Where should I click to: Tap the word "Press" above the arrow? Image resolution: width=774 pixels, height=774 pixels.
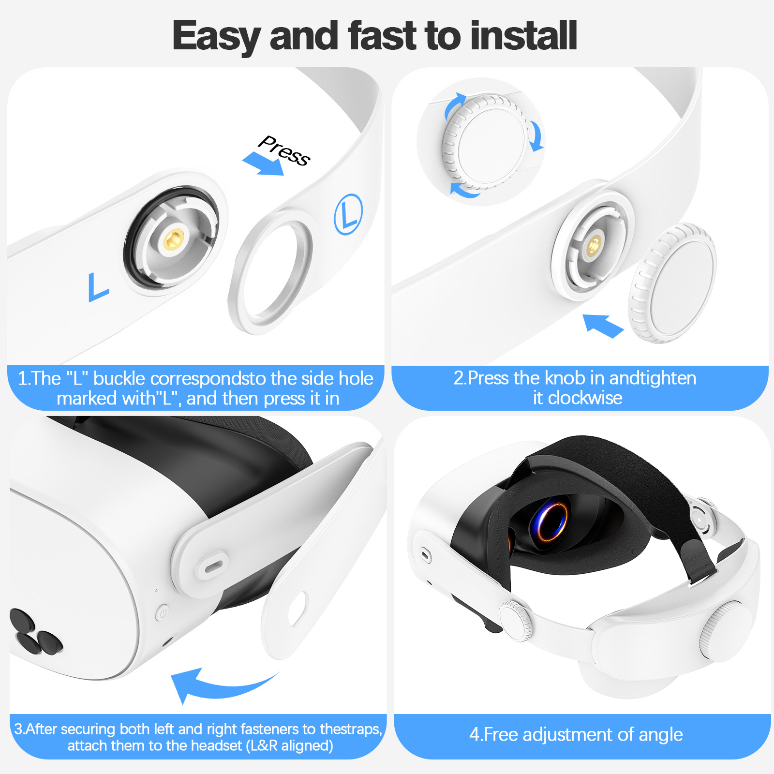point(284,150)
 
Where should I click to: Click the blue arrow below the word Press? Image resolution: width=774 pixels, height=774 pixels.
point(263,164)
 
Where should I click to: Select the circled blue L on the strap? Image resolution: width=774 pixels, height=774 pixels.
point(348,214)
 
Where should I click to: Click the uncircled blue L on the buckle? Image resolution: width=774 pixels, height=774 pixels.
point(98,287)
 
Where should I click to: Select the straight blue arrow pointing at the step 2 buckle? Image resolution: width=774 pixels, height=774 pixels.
point(602,325)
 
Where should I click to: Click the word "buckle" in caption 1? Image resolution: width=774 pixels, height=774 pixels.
point(119,378)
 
